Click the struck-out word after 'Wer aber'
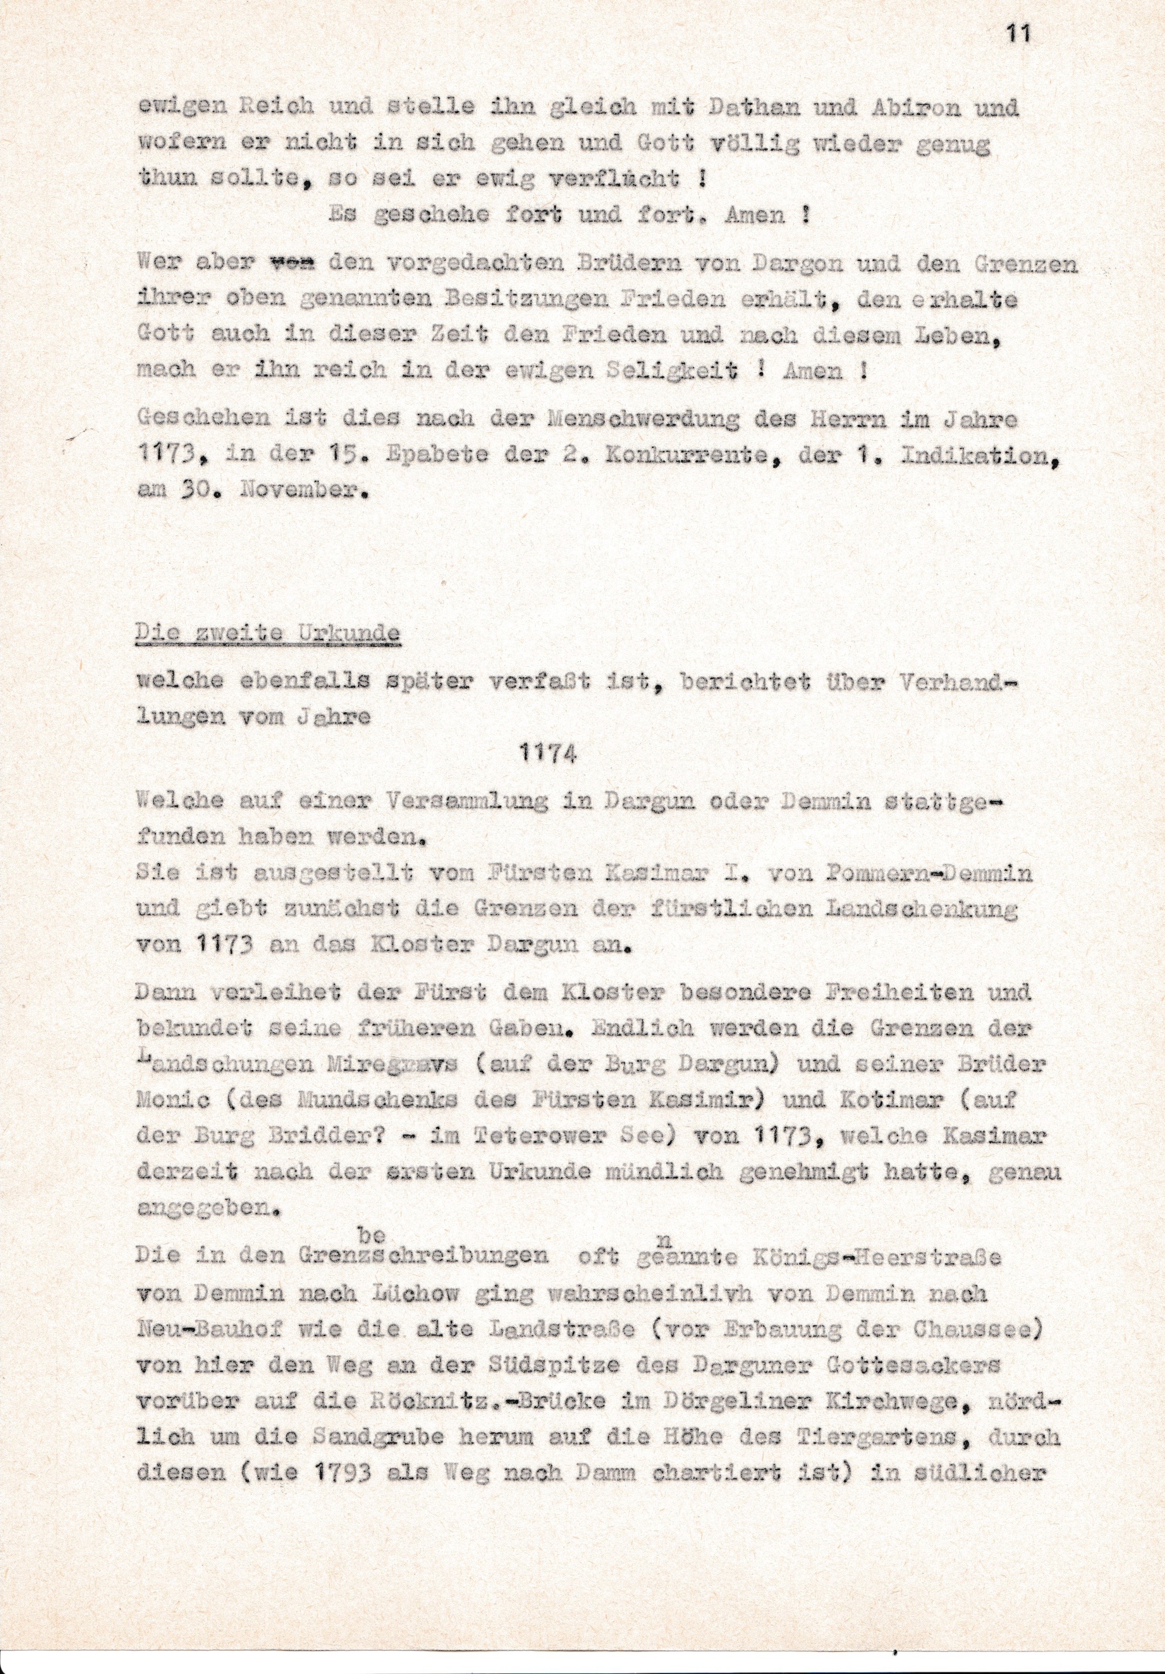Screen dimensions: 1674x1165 (292, 264)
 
